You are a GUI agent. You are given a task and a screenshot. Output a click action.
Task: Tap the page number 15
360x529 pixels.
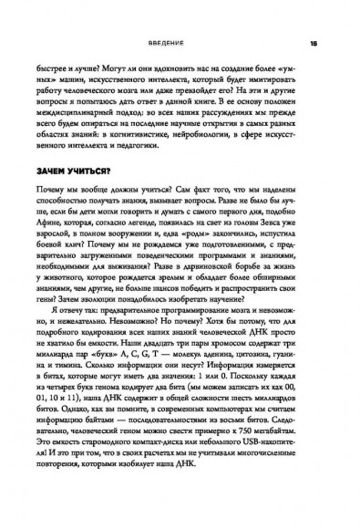coord(313,43)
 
